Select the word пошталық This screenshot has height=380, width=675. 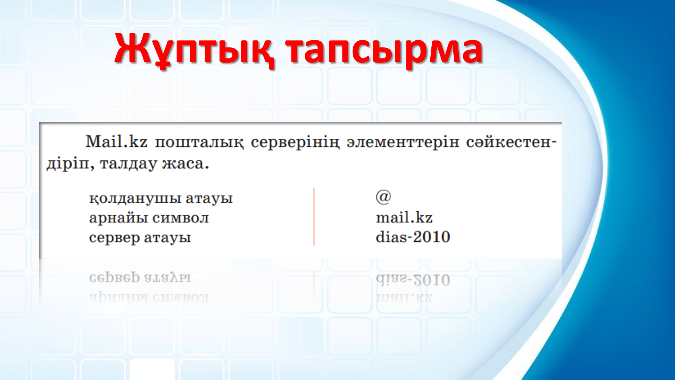click(199, 143)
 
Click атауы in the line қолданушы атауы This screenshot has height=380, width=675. click(209, 199)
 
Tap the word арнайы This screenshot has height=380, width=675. click(118, 218)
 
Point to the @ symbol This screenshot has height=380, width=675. click(383, 197)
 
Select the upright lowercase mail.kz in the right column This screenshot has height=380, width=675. click(404, 217)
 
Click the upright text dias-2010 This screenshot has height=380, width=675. click(413, 237)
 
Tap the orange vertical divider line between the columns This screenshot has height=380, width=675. click(314, 217)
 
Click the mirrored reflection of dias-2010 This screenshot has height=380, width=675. click(413, 279)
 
